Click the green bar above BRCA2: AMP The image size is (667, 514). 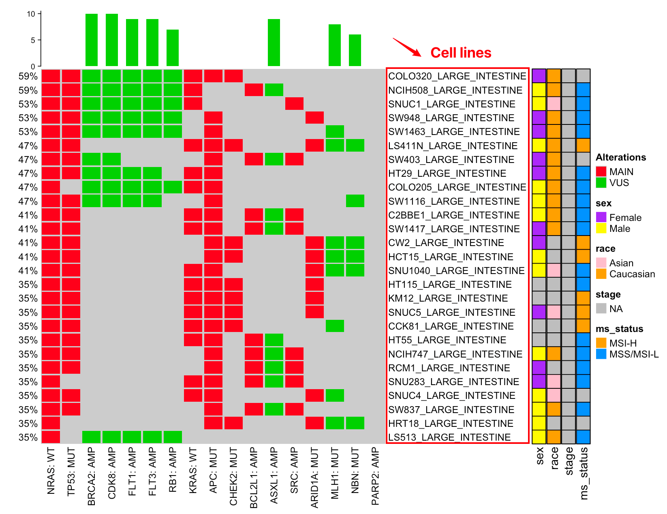(x=92, y=40)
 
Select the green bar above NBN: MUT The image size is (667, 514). (x=355, y=50)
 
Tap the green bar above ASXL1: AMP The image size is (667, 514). (x=274, y=43)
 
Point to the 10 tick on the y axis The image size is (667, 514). (x=31, y=14)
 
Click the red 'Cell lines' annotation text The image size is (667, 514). (x=461, y=53)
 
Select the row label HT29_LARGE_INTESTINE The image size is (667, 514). (x=447, y=173)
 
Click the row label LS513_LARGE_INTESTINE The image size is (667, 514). (x=449, y=437)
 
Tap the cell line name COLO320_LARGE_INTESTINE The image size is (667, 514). (x=457, y=76)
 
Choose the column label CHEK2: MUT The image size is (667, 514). (x=233, y=476)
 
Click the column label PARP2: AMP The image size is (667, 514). (x=375, y=476)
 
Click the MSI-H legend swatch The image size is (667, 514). (x=601, y=343)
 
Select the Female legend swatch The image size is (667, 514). (x=601, y=217)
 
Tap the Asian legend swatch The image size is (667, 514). (x=601, y=263)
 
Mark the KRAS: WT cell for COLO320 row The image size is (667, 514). (x=193, y=76)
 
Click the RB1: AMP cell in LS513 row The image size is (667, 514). (x=173, y=437)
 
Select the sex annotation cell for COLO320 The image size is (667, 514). (x=539, y=76)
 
